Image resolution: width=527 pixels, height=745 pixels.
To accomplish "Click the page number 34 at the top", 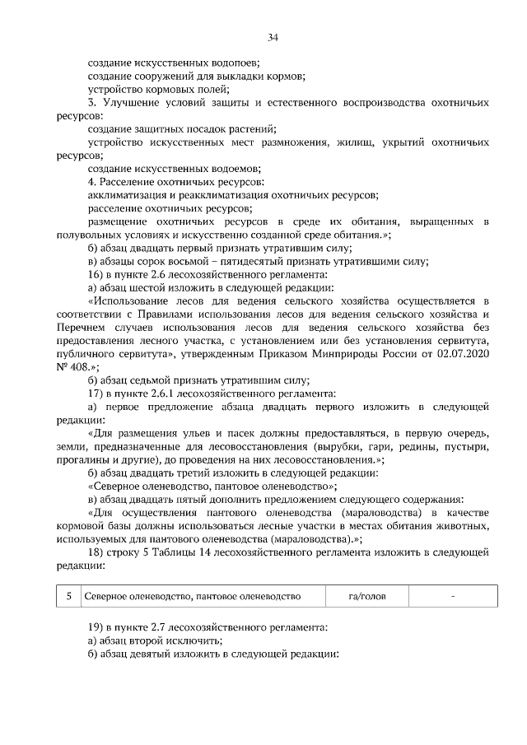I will coord(273,37).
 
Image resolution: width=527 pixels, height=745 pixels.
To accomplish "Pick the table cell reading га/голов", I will coord(366,595).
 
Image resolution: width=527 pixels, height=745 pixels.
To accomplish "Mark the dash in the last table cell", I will coord(452,594).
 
